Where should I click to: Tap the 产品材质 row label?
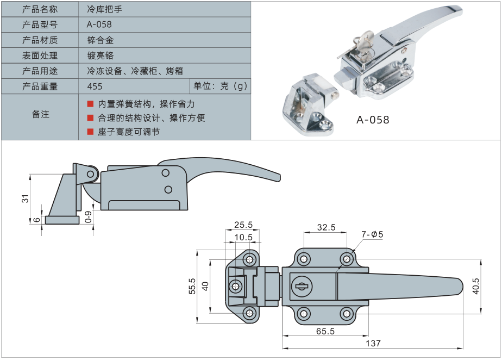[x=40, y=40]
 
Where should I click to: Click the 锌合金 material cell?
[x=100, y=40]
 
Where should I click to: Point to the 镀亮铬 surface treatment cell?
[x=100, y=55]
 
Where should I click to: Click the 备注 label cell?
[x=40, y=114]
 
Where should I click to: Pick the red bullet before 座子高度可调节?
[x=90, y=132]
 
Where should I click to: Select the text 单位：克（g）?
[x=220, y=86]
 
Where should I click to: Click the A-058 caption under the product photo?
[x=373, y=120]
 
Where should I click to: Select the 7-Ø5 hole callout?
[x=373, y=234]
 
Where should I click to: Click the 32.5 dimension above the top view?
[x=325, y=227]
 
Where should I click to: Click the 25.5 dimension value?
[x=243, y=225]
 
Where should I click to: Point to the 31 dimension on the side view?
[x=24, y=199]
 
